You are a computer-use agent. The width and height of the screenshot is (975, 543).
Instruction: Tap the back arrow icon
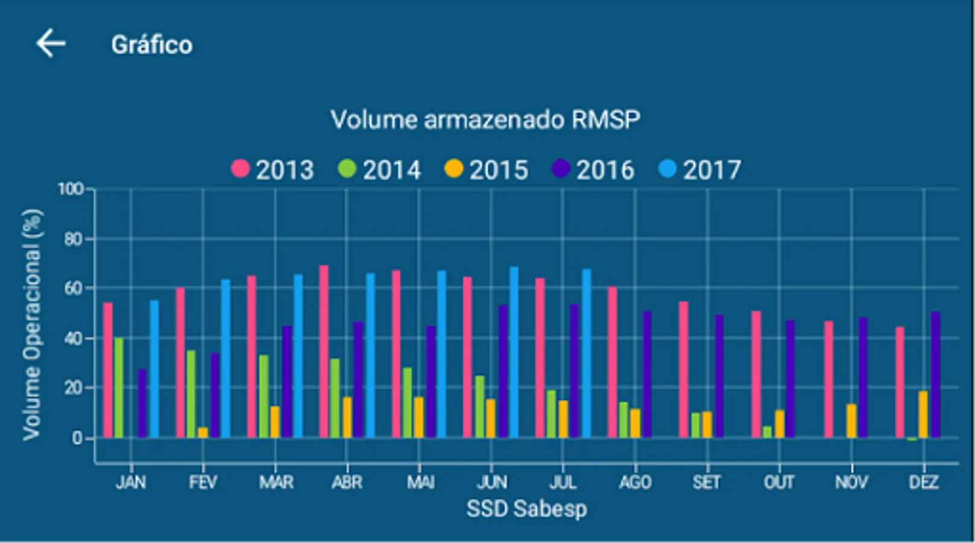[51, 44]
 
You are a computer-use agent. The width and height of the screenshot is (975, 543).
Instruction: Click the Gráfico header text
[151, 45]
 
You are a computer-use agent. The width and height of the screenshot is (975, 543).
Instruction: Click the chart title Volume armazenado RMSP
[485, 119]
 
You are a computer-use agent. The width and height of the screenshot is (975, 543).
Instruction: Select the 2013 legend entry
[273, 170]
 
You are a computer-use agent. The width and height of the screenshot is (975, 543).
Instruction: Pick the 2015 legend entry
[487, 170]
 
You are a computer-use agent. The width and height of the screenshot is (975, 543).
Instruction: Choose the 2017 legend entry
[700, 170]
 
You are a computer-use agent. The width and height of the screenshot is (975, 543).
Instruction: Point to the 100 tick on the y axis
[71, 189]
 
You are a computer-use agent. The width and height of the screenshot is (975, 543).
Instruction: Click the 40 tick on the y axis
[74, 338]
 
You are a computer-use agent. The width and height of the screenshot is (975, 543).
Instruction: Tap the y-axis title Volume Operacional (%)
[32, 324]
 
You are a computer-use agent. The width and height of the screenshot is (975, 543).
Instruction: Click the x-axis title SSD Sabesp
[526, 509]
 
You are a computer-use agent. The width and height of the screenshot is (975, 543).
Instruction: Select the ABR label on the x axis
[347, 482]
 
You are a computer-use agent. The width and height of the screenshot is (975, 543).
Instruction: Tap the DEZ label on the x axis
[924, 482]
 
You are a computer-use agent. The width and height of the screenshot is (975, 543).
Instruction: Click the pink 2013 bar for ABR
[324, 351]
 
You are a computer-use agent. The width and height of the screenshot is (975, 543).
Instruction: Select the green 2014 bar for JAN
[119, 388]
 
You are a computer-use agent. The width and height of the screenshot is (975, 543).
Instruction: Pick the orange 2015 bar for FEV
[203, 432]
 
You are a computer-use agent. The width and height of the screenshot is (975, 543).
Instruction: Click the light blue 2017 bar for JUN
[514, 352]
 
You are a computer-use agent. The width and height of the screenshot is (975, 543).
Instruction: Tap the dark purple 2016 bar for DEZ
[935, 375]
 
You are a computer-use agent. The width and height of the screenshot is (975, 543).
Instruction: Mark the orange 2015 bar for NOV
[851, 421]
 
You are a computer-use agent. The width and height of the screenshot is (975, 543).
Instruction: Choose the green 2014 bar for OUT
[767, 432]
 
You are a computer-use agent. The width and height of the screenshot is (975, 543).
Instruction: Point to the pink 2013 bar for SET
[683, 369]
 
